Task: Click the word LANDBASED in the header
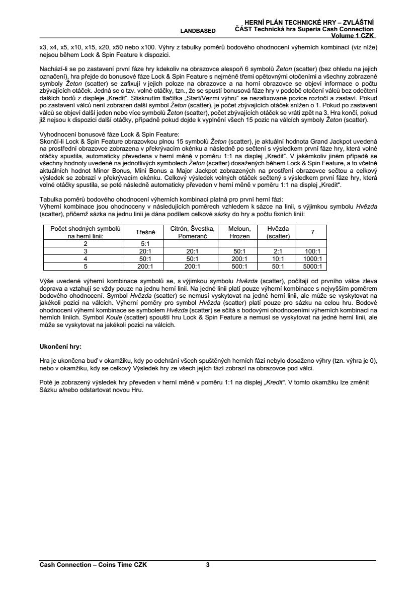[x=198, y=31]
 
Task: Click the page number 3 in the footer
[x=208, y=565]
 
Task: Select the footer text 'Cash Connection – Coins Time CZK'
[x=93, y=565]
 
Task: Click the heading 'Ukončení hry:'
[x=60, y=347]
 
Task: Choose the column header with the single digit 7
[x=312, y=232]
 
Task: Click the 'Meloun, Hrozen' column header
[x=239, y=232]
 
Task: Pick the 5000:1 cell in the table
[x=312, y=267]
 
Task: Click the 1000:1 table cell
[x=312, y=258]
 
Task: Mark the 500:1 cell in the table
[x=239, y=267]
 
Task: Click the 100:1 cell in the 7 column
[x=312, y=250]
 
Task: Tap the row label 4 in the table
[x=86, y=258]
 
